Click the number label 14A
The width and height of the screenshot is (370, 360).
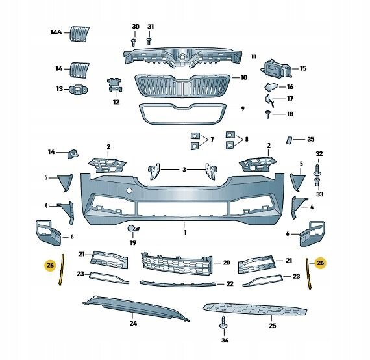click(x=56, y=32)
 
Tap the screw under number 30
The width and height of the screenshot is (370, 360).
click(x=134, y=42)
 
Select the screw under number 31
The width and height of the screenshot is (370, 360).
click(x=149, y=42)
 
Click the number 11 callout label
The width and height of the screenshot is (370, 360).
click(x=253, y=57)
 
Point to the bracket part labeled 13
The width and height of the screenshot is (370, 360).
click(x=78, y=89)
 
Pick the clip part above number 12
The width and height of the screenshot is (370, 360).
click(x=115, y=85)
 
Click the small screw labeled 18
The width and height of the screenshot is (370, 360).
click(x=267, y=114)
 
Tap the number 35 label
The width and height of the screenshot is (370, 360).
click(x=311, y=139)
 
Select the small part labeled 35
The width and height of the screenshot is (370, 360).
click(x=289, y=140)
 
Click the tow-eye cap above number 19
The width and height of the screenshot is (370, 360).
click(x=133, y=228)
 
